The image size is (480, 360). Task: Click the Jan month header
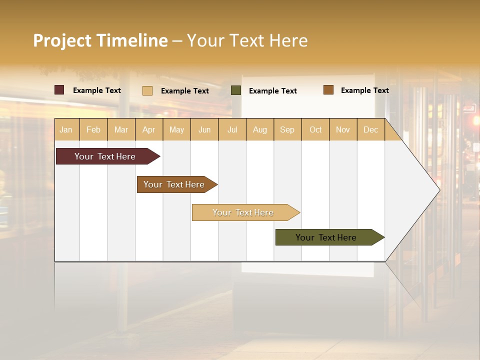(x=66, y=129)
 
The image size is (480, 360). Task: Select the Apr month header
(x=148, y=129)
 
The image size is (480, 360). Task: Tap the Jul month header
(x=232, y=129)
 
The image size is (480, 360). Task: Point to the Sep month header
(x=287, y=129)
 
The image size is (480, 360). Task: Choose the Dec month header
(x=370, y=129)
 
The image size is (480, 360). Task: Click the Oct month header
(x=315, y=129)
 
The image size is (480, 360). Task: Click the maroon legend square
(x=59, y=90)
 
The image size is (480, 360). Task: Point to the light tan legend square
(x=147, y=90)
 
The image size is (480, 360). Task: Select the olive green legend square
(x=236, y=90)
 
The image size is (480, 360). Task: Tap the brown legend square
(x=328, y=90)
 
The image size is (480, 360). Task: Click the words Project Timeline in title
(x=100, y=40)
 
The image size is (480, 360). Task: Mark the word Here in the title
(x=288, y=40)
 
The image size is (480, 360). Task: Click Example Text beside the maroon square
(x=97, y=90)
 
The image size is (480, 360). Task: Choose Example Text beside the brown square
(x=364, y=90)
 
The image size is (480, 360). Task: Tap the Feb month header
(x=93, y=129)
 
